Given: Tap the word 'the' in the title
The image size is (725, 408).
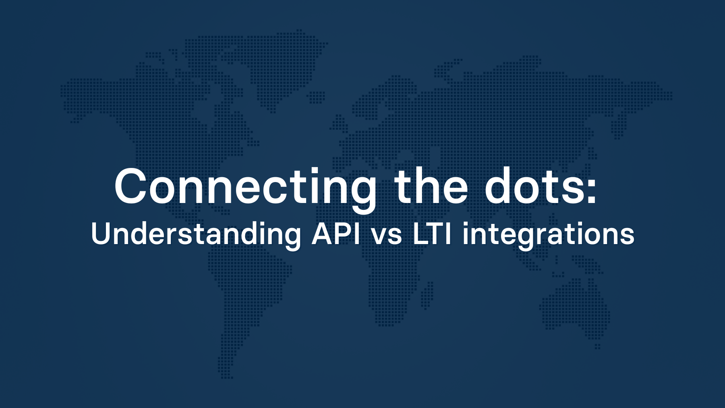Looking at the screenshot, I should [431, 186].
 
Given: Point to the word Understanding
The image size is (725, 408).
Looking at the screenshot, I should [196, 234].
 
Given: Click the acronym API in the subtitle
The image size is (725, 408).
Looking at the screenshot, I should [336, 233].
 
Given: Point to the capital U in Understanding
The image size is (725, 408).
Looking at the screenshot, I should [101, 233].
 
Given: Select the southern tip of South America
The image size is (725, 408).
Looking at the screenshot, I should [226, 373].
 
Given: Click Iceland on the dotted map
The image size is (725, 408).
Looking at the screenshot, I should [317, 97].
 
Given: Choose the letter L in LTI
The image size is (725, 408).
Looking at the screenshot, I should [420, 233].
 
